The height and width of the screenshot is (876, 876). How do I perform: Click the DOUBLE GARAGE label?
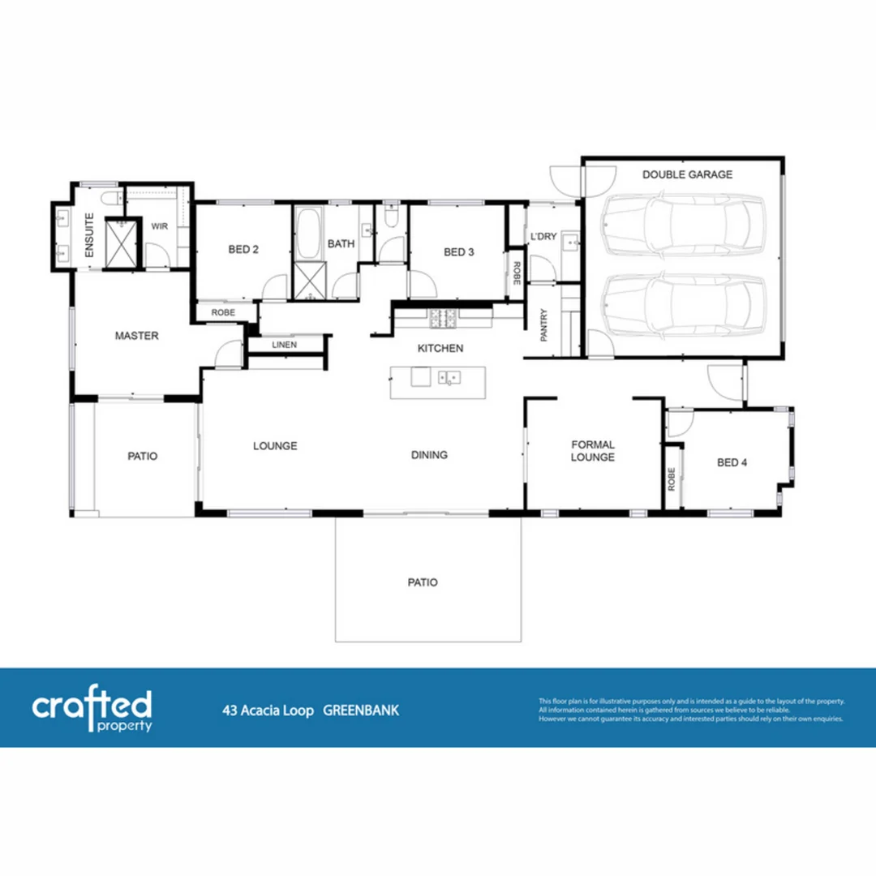[x=687, y=174]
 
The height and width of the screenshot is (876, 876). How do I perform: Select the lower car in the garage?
[x=684, y=304]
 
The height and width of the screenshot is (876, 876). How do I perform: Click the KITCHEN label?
[x=440, y=349]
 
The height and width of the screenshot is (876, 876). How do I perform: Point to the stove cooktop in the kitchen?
[x=445, y=319]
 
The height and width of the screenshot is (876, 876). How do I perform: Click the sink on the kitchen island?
[x=449, y=377]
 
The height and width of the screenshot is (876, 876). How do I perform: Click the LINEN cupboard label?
[x=284, y=346]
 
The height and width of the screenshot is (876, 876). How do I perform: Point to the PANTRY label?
[x=544, y=325]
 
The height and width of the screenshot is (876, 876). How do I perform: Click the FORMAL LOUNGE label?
[x=593, y=451]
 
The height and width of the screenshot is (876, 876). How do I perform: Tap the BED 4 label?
[x=732, y=462]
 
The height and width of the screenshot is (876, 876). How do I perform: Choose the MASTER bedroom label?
[x=136, y=336]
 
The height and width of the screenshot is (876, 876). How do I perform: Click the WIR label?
[x=159, y=226]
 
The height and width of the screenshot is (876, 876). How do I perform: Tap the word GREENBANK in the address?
[x=361, y=711]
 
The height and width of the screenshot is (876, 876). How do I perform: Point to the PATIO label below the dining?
[x=423, y=582]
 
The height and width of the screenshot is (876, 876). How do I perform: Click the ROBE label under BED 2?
[x=223, y=312]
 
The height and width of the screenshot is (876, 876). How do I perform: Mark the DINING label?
[x=429, y=455]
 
